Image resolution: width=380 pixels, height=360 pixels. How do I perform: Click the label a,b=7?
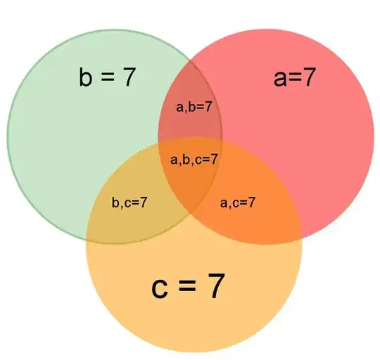coord(194,107)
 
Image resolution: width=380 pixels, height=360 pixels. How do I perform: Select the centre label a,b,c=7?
coord(194,160)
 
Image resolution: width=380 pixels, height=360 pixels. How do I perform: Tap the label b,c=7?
coord(129,202)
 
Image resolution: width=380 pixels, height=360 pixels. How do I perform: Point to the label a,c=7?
coord(238,202)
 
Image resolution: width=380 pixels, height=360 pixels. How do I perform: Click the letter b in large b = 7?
coord(86,76)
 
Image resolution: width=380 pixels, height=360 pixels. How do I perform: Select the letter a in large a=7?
coord(280,79)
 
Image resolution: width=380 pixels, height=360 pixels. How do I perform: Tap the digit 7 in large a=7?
coord(308,77)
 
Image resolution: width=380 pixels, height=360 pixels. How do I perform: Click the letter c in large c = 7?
coord(160,288)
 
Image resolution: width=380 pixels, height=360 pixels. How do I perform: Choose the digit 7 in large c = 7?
coord(215,285)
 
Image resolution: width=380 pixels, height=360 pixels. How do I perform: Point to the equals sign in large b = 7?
coord(107,77)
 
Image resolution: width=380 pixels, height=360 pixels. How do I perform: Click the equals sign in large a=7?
coord(294,78)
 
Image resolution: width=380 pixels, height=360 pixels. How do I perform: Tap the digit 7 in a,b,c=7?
coord(213,159)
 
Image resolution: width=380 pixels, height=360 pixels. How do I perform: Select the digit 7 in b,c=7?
coord(144,202)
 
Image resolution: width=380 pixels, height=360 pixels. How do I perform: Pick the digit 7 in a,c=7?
coord(251,202)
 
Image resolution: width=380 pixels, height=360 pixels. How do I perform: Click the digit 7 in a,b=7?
coord(208,106)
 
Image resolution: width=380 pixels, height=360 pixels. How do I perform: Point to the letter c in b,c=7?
coord(127,204)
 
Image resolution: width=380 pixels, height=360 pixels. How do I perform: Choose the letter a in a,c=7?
coord(224,204)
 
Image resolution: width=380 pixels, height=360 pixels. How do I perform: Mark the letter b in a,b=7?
coord(191,107)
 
